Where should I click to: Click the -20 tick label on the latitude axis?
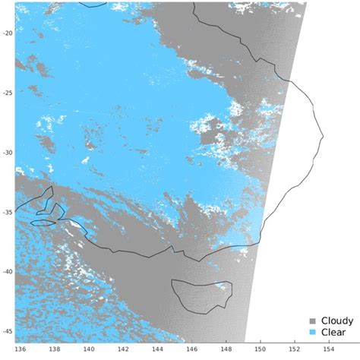tap(8, 33)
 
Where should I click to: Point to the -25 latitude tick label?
tap(8, 93)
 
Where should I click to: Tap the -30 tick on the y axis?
tap(8, 152)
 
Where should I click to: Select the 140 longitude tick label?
tap(89, 349)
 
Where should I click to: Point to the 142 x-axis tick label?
tap(123, 349)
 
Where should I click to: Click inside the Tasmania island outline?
tap(201, 295)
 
